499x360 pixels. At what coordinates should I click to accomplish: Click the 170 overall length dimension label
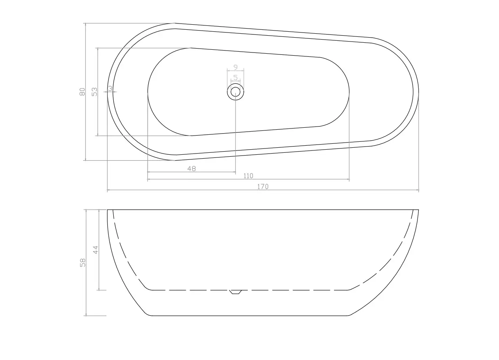point(263,186)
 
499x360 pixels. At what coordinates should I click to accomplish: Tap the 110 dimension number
point(248,176)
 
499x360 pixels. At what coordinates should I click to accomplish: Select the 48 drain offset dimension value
point(192,169)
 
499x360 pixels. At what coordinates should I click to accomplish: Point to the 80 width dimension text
point(82,92)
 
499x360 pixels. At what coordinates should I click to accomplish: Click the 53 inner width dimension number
point(95,92)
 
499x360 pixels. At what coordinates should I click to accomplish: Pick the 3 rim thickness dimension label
point(110,89)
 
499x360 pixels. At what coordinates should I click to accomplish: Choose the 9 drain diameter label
point(236,67)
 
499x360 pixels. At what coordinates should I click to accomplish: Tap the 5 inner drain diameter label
point(236,78)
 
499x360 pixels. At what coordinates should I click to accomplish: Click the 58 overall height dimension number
point(83,263)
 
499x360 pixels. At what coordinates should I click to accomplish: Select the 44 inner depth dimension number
point(96,250)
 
